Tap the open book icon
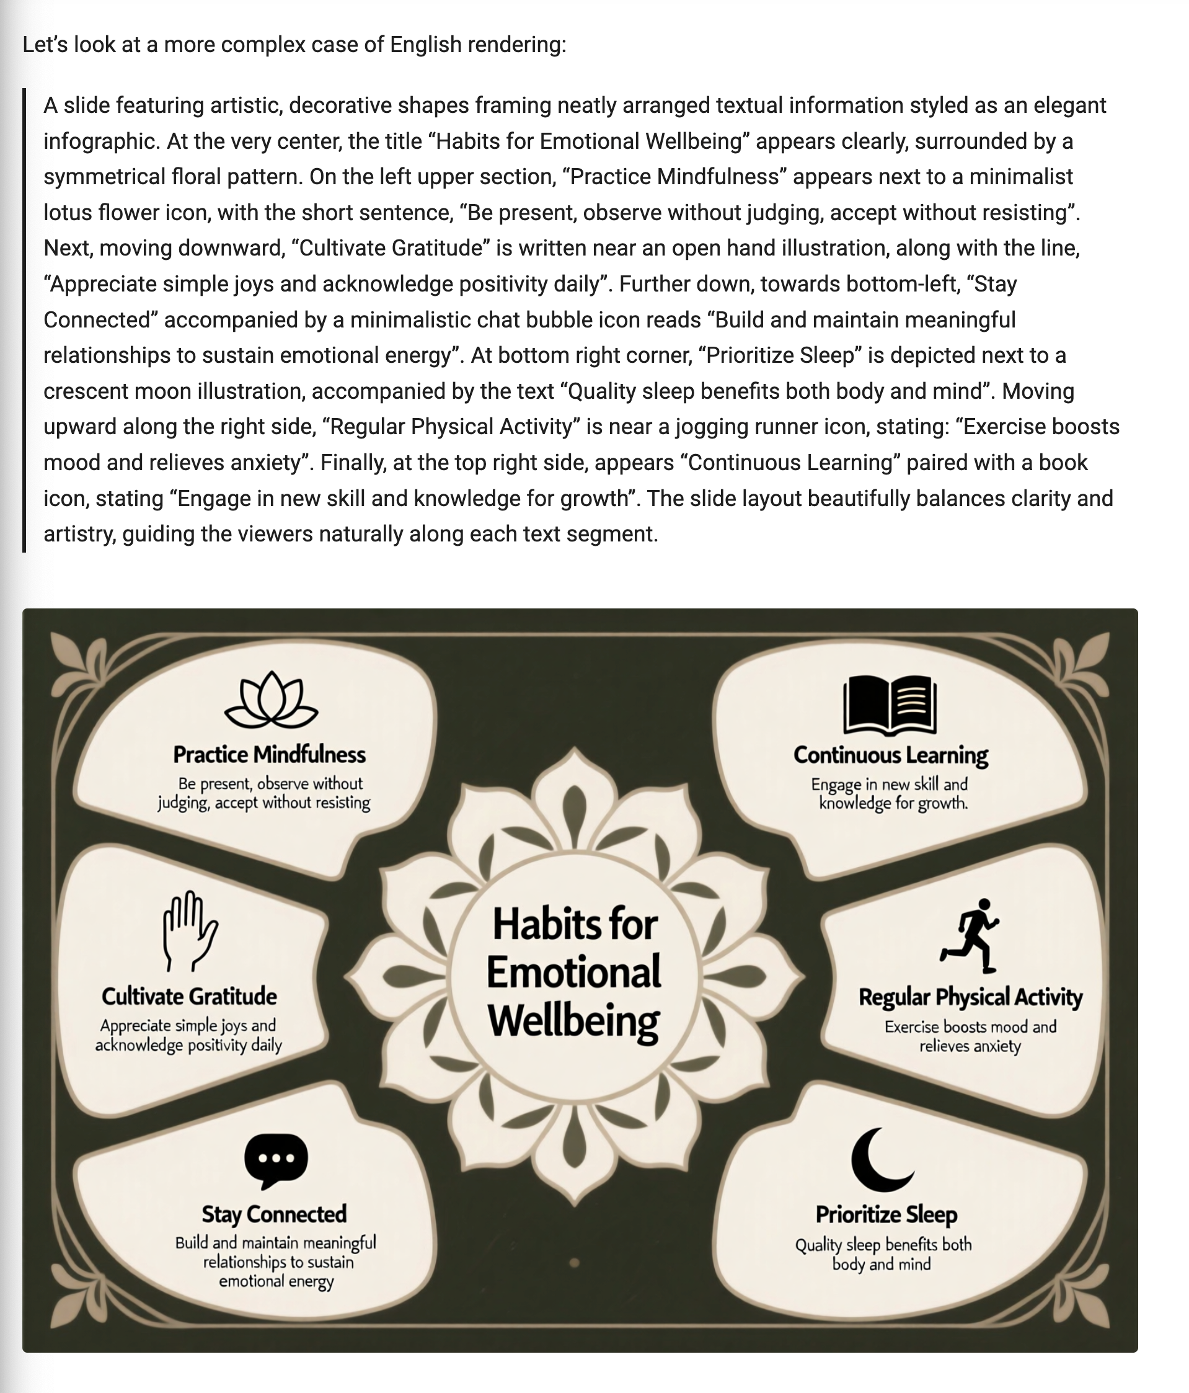pyautogui.click(x=889, y=705)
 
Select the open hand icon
pyautogui.click(x=190, y=930)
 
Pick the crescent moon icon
pyautogui.click(x=880, y=1159)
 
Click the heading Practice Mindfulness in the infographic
pyautogui.click(x=270, y=754)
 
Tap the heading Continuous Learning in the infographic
pyautogui.click(x=891, y=755)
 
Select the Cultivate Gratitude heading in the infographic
pyautogui.click(x=189, y=995)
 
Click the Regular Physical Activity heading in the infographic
pyautogui.click(x=970, y=997)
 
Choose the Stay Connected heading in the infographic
pyautogui.click(x=274, y=1214)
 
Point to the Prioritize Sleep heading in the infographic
pyautogui.click(x=886, y=1214)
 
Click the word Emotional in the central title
pyautogui.click(x=573, y=972)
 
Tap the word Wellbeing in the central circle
pyautogui.click(x=573, y=1022)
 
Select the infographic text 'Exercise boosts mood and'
pyautogui.click(x=970, y=1026)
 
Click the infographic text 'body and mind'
pyautogui.click(x=881, y=1264)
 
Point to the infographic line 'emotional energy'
pyautogui.click(x=276, y=1281)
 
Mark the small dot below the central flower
pyautogui.click(x=574, y=1263)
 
